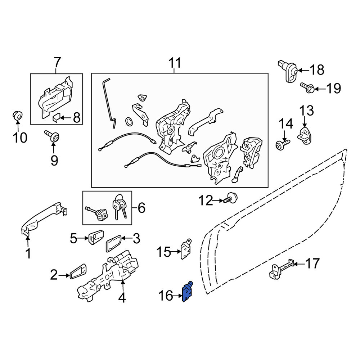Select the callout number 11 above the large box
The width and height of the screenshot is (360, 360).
tap(175, 63)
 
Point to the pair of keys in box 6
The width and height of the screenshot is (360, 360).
tap(120, 206)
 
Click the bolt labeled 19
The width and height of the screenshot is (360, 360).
tap(308, 88)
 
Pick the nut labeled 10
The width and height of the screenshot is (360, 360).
tap(17, 115)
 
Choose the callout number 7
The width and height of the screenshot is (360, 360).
tap(57, 62)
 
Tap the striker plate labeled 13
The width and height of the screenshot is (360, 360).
tap(305, 136)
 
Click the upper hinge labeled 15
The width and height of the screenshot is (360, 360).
tap(186, 249)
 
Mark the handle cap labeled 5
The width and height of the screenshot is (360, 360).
tap(96, 237)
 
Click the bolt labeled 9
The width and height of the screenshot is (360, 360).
tap(52, 136)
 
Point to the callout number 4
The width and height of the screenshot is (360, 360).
tap(122, 297)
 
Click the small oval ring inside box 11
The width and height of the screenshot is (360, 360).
tap(129, 121)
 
